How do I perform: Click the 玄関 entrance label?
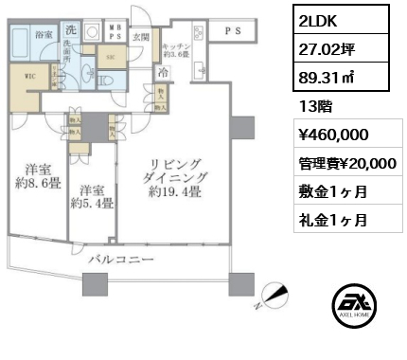tap(141, 35)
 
